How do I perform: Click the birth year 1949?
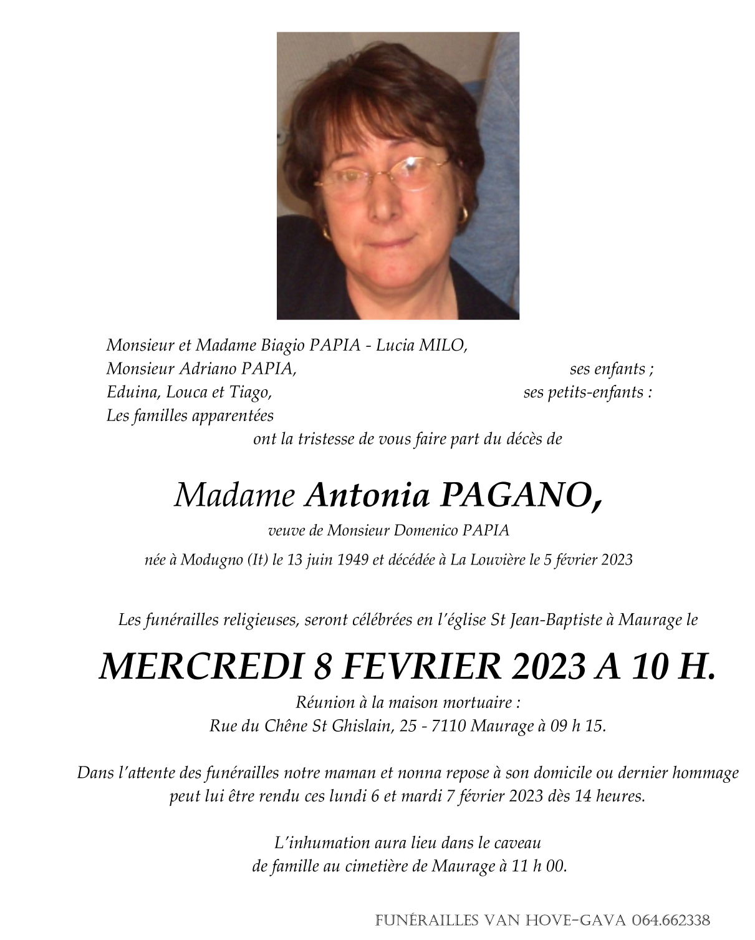click(352, 560)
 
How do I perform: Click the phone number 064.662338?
click(671, 920)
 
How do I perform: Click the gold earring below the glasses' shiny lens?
click(463, 215)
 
